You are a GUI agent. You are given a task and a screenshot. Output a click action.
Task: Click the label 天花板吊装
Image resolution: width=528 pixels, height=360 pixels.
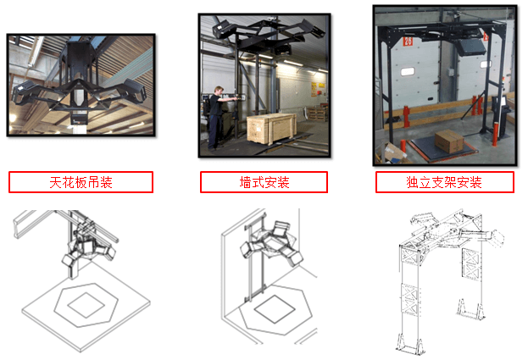click(81, 182)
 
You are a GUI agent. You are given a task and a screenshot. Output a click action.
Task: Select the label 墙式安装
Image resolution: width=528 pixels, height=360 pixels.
click(264, 182)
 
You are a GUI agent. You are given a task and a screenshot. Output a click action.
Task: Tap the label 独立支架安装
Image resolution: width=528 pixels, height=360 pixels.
click(444, 182)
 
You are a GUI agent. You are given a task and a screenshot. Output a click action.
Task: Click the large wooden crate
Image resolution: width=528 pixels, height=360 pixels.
click(271, 129)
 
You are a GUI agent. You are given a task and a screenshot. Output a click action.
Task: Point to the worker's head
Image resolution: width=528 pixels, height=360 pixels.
click(219, 91)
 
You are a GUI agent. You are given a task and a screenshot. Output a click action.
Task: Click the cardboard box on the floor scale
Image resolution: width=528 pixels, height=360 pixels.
click(449, 141)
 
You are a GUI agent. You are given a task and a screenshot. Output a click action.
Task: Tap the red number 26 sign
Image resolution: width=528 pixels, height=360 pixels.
click(408, 41)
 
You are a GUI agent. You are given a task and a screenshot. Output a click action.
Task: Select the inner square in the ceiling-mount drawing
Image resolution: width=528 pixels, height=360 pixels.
click(86, 305)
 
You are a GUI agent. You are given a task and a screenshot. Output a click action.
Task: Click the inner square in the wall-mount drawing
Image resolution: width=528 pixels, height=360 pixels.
click(275, 309)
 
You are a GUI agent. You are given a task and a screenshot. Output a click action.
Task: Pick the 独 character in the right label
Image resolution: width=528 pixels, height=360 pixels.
click(412, 182)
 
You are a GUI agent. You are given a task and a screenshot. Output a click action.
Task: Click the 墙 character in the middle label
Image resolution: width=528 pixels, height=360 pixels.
click(246, 182)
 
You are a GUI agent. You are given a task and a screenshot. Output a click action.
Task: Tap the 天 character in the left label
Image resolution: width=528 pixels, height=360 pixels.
click(55, 182)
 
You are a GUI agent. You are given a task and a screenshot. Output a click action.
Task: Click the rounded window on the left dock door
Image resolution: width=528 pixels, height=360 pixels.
click(408, 72)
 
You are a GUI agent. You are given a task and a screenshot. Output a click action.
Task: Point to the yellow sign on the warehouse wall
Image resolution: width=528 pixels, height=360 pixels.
click(314, 89)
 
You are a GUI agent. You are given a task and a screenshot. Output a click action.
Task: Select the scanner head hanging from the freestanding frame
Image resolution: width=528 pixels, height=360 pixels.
click(470, 47)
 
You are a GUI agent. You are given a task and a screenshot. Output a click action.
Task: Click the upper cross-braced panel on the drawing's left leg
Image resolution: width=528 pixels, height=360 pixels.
click(409, 256)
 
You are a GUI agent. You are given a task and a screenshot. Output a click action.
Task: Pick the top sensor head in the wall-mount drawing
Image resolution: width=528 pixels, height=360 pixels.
click(281, 229)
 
